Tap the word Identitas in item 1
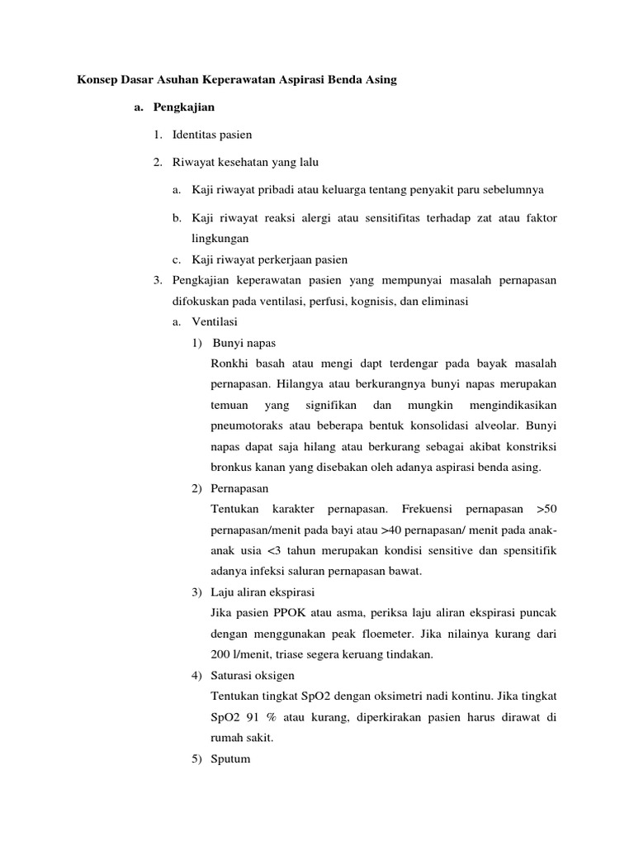click(194, 135)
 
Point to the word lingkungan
click(220, 238)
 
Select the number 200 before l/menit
click(220, 654)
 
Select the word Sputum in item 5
click(230, 758)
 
